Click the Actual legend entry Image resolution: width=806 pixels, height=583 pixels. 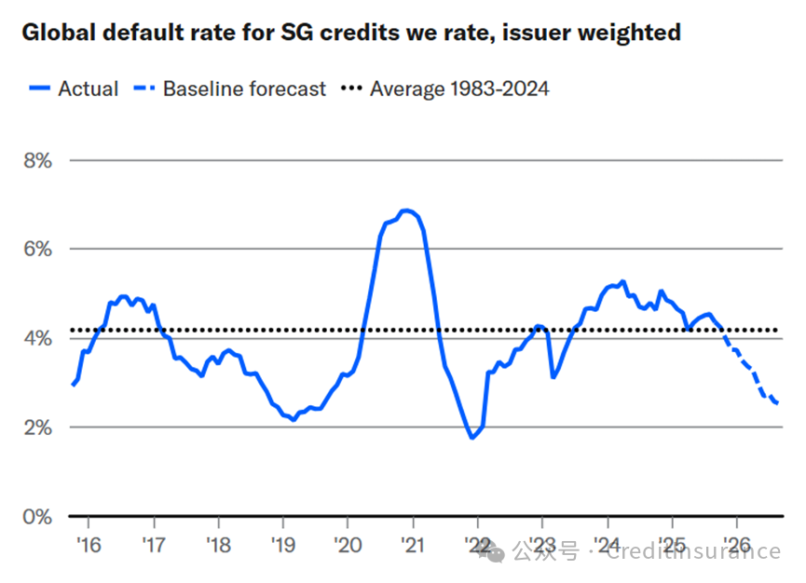click(x=88, y=89)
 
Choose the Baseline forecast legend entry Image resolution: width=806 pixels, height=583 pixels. click(x=244, y=89)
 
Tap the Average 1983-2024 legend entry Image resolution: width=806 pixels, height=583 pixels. click(x=459, y=89)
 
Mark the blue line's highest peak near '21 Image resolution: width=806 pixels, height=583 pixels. click(x=406, y=210)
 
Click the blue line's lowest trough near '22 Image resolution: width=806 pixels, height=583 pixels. click(x=472, y=438)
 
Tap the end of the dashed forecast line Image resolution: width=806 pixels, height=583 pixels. click(x=778, y=403)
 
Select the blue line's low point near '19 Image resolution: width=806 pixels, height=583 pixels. click(x=294, y=420)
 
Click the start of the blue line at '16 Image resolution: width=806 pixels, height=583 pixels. click(x=73, y=384)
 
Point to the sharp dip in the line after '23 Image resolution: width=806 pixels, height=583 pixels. click(x=553, y=377)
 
